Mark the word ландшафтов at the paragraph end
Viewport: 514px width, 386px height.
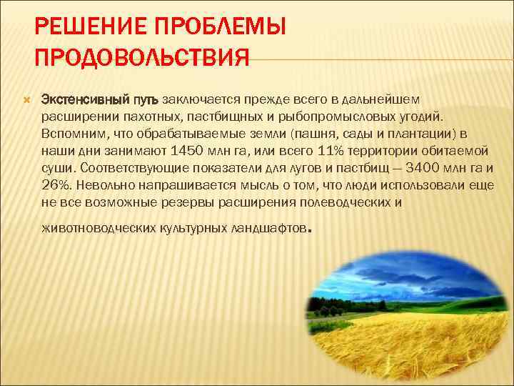[x=269, y=230]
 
